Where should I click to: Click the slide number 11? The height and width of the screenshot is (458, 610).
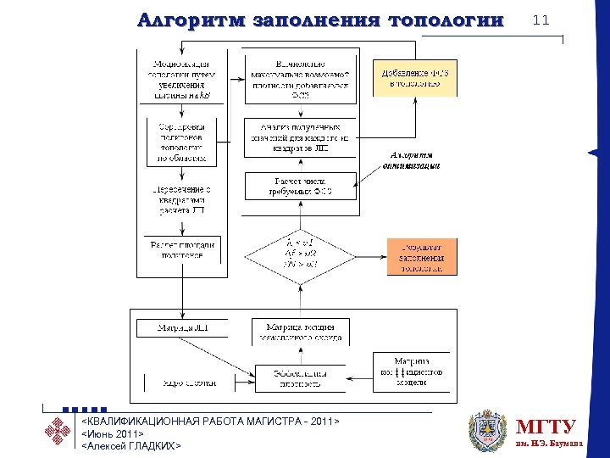pos(541,20)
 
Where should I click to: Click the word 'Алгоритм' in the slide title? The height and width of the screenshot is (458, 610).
pos(189,20)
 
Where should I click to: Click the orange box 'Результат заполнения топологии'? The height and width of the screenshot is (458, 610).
pos(422,256)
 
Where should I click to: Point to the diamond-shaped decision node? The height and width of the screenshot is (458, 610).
pos(300,255)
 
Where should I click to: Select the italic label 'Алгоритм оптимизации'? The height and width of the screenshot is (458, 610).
pos(414,161)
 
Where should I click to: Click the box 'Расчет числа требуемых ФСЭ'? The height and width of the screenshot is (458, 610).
pos(300,186)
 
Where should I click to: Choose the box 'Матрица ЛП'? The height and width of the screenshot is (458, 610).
pos(183,327)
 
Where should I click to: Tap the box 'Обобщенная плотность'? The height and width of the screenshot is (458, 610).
pos(300,377)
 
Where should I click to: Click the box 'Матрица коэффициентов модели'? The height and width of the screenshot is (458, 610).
pos(413,371)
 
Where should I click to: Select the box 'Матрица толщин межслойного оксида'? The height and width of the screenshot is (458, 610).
pos(300,331)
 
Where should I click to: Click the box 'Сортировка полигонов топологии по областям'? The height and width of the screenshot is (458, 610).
pos(182,141)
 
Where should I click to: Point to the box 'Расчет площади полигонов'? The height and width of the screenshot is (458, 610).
pos(182,249)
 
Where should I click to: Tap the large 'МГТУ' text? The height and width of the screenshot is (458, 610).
pos(546,426)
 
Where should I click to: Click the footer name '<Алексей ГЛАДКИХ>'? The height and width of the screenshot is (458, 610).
pos(130,445)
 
